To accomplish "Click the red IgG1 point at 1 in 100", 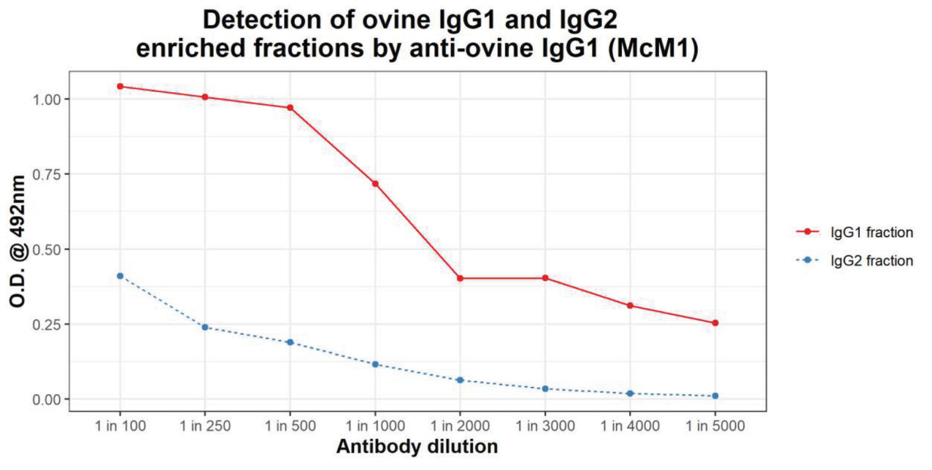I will [120, 86].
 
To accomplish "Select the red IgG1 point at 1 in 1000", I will [375, 184].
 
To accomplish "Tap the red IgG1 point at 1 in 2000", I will [460, 278].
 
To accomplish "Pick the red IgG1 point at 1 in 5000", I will [715, 323].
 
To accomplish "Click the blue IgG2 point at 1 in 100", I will [120, 276].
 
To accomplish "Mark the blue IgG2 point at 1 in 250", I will [205, 327].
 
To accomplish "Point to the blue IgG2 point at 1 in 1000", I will [375, 364].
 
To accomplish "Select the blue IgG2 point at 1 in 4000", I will [630, 394].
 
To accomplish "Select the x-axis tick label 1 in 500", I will [290, 426].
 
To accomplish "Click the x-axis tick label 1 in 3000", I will [545, 426].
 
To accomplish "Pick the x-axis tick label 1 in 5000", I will [715, 426].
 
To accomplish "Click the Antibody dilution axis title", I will [417, 447].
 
